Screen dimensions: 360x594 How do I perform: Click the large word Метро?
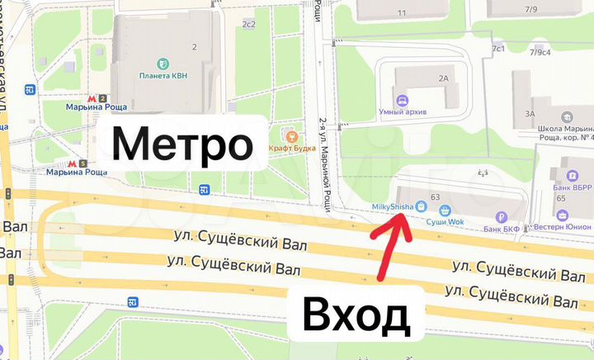click(x=182, y=144)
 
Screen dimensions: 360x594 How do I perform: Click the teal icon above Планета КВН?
click(x=163, y=64)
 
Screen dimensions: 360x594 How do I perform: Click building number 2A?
click(x=444, y=78)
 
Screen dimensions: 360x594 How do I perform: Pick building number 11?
click(x=403, y=13)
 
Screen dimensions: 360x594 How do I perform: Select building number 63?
click(x=435, y=197)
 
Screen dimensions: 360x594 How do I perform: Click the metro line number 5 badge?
click(x=85, y=162)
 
